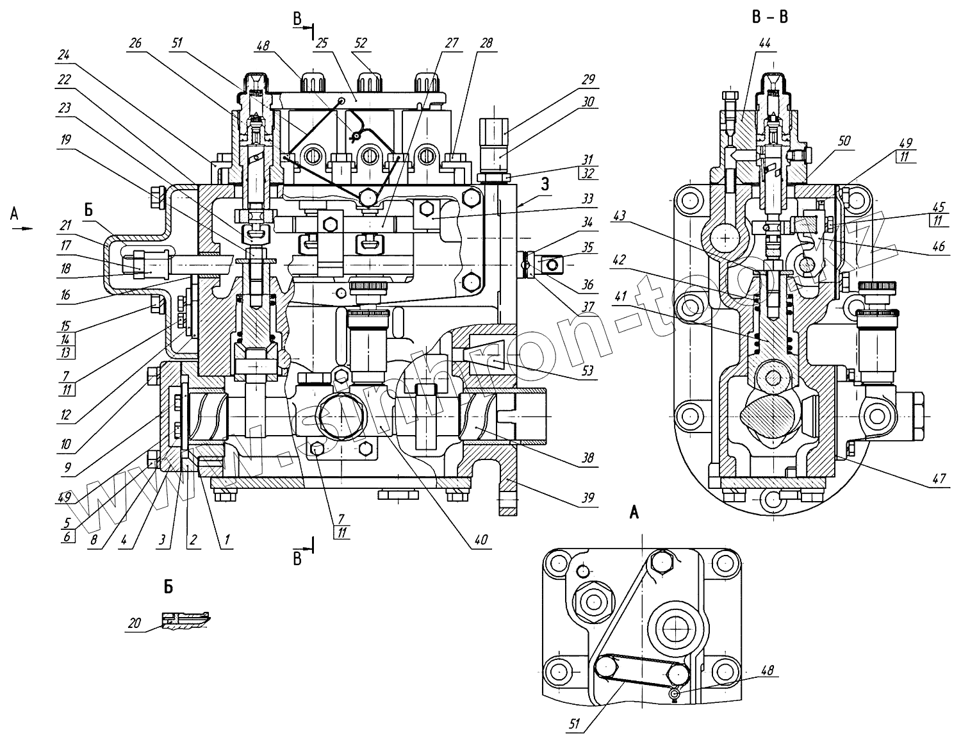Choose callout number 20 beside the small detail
tap(134, 622)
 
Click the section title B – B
tap(769, 17)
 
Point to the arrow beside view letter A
tap(23, 228)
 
